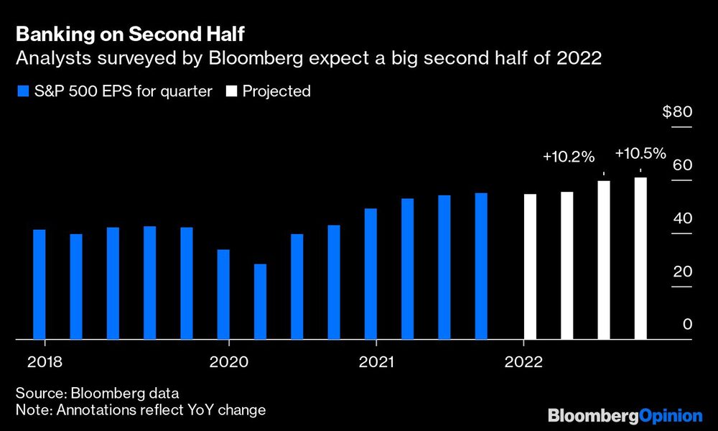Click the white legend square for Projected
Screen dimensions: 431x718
232,91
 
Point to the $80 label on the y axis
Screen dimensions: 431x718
677,112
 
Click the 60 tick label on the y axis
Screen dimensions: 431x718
682,165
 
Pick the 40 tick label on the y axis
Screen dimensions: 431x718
682,219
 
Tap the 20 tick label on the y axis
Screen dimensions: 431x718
682,272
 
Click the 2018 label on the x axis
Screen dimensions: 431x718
44,361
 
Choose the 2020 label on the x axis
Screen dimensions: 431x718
228,361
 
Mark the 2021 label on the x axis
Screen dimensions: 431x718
376,361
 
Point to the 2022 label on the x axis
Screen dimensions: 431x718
524,361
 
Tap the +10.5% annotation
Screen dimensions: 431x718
640,154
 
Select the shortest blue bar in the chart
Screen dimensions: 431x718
260,302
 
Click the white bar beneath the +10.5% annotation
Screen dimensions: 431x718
640,259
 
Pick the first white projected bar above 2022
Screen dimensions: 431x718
530,267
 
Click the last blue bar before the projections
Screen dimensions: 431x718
481,266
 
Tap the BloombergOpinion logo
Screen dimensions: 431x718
625,415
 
